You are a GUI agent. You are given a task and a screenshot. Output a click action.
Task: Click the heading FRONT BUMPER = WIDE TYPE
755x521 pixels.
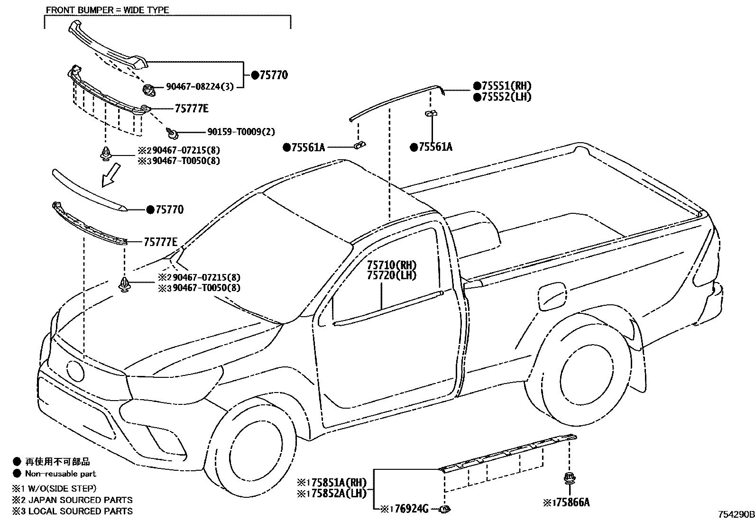[107, 9]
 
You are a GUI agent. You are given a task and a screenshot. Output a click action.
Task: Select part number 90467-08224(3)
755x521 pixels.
[199, 87]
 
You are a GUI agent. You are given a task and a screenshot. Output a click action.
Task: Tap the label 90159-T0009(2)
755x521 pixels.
[240, 132]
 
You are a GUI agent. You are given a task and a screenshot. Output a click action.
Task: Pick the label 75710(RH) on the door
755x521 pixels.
[391, 265]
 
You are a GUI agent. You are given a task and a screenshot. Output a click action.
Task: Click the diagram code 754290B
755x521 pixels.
[735, 514]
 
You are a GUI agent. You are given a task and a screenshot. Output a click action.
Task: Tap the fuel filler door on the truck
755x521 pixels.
[552, 296]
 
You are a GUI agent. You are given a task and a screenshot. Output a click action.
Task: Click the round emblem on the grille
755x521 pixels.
[75, 370]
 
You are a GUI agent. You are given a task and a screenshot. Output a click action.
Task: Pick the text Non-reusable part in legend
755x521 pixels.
[60, 474]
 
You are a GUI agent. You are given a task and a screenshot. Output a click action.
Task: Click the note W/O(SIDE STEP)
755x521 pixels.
[61, 488]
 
